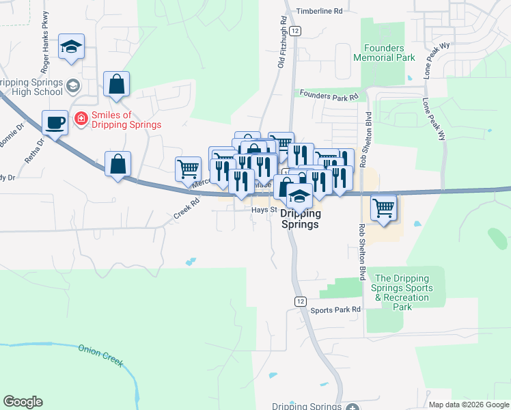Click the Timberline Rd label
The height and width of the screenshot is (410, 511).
coord(318,12)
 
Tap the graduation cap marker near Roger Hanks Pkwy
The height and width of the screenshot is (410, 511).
coord(71,47)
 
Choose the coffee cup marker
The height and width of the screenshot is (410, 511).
coord(55,123)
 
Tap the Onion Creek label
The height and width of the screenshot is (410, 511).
coord(101,355)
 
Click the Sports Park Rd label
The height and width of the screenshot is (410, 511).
coord(335,310)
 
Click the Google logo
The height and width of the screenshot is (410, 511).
coord(23,402)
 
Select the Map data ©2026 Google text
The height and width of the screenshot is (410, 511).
coord(469,405)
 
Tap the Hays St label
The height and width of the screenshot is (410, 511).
coord(262,210)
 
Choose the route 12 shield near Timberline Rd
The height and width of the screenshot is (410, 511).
coord(294,31)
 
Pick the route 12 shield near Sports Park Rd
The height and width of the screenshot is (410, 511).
coord(300,301)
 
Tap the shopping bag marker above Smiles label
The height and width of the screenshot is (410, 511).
coord(117,85)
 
